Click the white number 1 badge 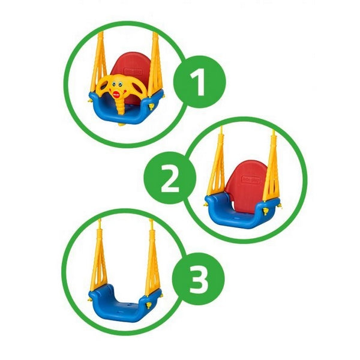[x=198, y=82]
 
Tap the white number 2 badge [x=170, y=178]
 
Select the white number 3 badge [x=199, y=279]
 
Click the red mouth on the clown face [x=116, y=94]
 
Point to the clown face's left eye [x=113, y=85]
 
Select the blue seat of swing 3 [x=125, y=303]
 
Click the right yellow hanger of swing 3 [x=152, y=257]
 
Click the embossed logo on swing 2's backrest [x=251, y=179]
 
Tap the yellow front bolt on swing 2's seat [x=266, y=211]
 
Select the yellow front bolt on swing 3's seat [x=149, y=305]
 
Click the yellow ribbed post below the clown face [x=119, y=106]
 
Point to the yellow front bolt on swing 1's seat [x=151, y=106]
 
